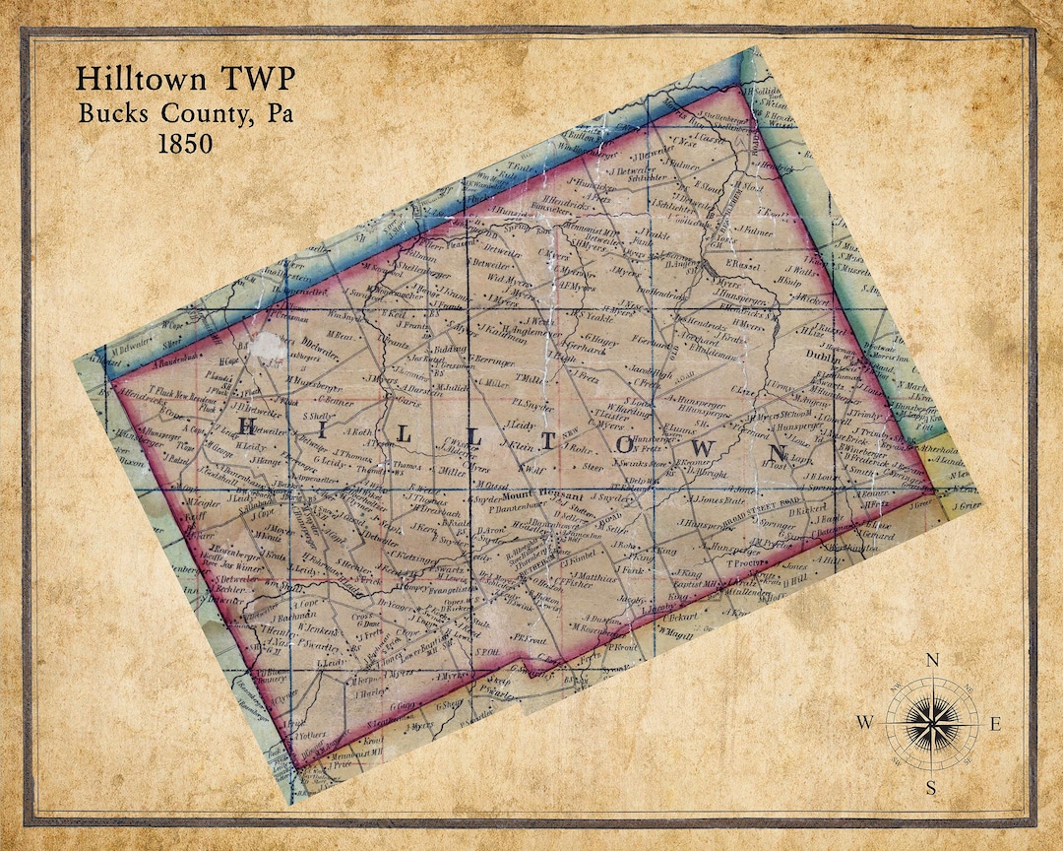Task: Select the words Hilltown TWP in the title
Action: (184, 79)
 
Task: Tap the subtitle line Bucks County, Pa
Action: (184, 111)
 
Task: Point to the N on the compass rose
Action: (933, 661)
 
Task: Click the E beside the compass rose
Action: (995, 724)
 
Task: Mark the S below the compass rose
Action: (931, 787)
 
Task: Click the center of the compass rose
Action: (931, 724)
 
